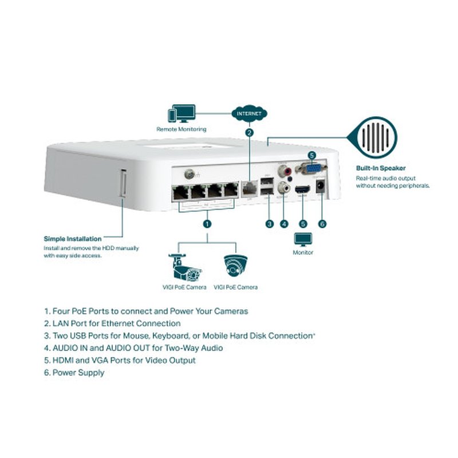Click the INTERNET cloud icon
click(x=249, y=113)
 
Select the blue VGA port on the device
click(x=311, y=168)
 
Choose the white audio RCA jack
click(x=282, y=187)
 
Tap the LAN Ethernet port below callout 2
click(x=249, y=188)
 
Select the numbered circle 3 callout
click(x=269, y=224)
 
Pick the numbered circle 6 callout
click(x=322, y=224)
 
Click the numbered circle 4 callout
click(x=284, y=224)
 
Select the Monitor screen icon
click(x=303, y=239)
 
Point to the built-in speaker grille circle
click(x=377, y=138)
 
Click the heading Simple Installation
click(x=73, y=239)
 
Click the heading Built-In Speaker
click(x=381, y=168)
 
